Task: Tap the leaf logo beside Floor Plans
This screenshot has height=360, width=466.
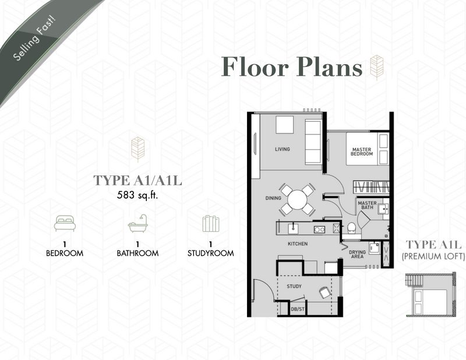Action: [376, 68]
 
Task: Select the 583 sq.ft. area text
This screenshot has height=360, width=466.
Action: [137, 195]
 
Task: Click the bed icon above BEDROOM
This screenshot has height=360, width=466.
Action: [65, 223]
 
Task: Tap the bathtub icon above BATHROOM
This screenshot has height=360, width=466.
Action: [138, 223]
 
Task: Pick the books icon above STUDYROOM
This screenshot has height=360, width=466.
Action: [211, 224]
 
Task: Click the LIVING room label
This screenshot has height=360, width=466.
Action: [283, 149]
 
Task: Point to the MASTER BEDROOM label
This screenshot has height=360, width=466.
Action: [362, 151]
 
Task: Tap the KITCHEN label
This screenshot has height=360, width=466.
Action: [298, 243]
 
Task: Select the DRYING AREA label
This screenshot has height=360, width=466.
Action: [357, 254]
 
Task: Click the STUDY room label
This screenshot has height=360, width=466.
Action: [294, 286]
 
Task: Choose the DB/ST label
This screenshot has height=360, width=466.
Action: [298, 309]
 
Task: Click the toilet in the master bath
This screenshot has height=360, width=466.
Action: [351, 228]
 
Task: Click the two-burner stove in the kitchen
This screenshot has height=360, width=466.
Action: [319, 229]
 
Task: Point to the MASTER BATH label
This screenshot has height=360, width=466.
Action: [368, 205]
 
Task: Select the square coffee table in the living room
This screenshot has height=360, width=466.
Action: [284, 125]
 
